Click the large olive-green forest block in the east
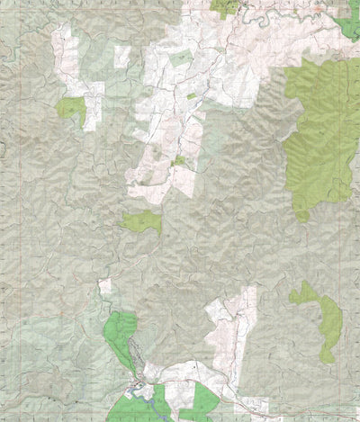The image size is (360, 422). tap(319, 135)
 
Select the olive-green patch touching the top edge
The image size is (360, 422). tap(225, 7)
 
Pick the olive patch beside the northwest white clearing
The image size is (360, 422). tap(70, 109)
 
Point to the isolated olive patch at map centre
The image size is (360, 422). tap(142, 221)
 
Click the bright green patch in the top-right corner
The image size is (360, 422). tap(346, 27)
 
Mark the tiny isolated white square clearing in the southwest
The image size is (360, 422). tap(105, 287)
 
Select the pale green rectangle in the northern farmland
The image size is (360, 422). tap(181, 58)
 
